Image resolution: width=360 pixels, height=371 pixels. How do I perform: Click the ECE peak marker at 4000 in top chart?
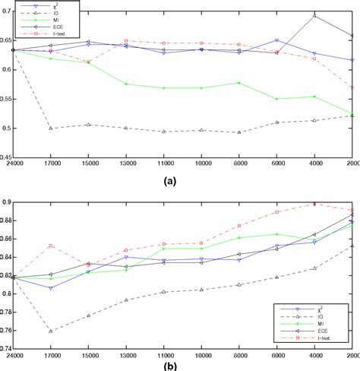314,16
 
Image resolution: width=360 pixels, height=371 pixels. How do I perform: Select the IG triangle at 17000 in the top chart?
51,128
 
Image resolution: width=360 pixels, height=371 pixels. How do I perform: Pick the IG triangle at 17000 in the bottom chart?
51,331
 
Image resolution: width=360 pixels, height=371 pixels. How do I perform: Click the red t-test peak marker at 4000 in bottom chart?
314,204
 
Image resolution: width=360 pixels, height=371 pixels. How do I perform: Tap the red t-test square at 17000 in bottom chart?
51,246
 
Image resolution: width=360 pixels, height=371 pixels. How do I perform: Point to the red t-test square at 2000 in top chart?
352,88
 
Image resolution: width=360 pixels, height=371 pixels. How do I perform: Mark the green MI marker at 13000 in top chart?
125,84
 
